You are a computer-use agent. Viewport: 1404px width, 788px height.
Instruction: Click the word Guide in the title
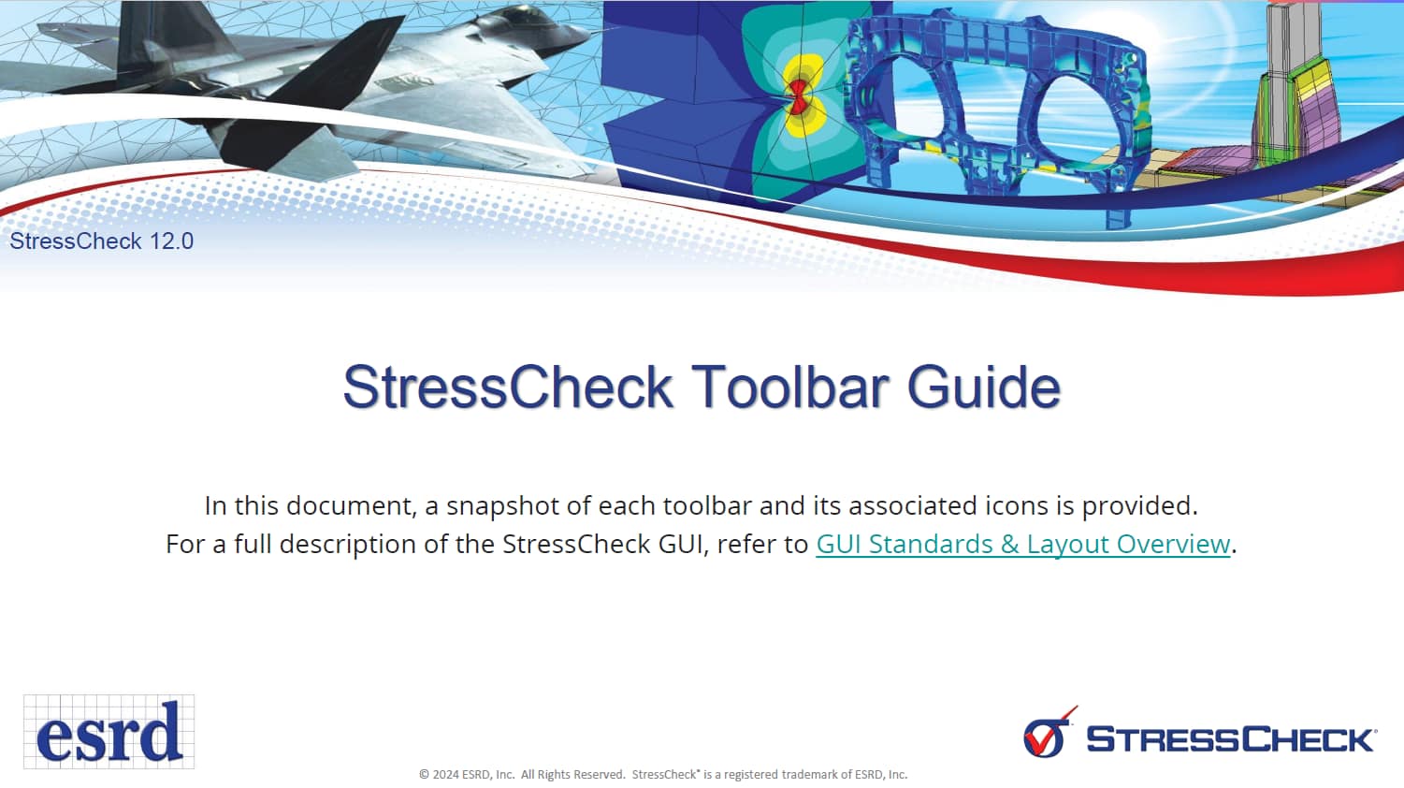pos(984,387)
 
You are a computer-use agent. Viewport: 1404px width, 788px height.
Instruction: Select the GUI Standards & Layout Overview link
pos(1022,544)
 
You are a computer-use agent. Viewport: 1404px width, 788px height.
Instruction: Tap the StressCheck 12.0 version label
pos(101,241)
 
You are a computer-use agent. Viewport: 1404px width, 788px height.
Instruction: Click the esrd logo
pos(109,732)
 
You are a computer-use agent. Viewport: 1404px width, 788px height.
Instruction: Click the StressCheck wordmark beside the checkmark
pos(1230,739)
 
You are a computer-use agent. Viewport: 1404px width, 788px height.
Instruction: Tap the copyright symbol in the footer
pos(424,775)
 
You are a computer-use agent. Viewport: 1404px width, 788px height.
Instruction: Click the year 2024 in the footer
pos(446,775)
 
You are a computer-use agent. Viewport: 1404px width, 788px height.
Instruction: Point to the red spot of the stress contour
pos(798,96)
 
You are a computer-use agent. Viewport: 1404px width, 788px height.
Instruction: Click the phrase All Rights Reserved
pos(572,775)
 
